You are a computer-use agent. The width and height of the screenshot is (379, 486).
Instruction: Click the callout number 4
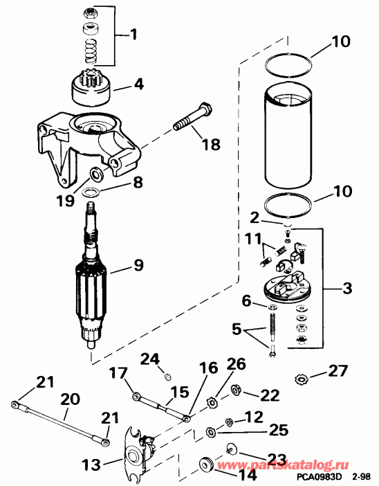[x=139, y=87]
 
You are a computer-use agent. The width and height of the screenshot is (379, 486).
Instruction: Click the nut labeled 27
[x=302, y=379]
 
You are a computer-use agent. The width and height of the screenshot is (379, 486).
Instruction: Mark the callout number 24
[x=150, y=358]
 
